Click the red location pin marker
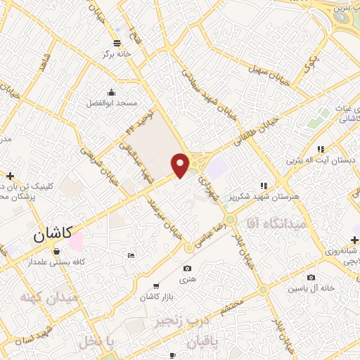181,165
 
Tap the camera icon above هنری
186,268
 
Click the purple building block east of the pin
219,167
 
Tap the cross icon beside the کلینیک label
10,175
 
